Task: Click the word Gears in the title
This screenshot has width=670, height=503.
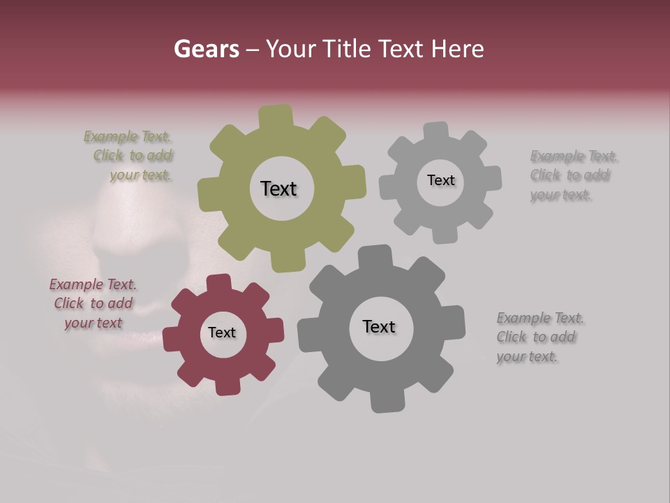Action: tap(206, 49)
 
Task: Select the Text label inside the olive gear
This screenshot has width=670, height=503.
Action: tap(278, 189)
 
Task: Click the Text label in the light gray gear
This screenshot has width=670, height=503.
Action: tap(440, 180)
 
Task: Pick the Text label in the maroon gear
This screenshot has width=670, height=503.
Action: tap(222, 333)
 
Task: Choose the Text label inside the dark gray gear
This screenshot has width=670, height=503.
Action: tap(379, 326)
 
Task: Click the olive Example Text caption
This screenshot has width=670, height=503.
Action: tap(128, 156)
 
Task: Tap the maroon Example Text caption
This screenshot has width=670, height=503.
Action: tap(93, 304)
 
